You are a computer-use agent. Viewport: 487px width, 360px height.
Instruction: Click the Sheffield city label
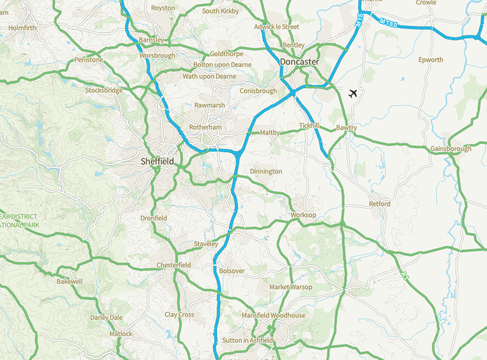click(x=157, y=161)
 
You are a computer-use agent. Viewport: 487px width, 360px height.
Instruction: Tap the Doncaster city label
click(x=299, y=62)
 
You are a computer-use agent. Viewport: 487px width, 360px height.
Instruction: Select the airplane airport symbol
click(x=353, y=93)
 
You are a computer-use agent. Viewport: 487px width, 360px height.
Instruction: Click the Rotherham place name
click(x=205, y=127)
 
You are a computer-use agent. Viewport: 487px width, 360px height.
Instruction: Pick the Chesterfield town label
click(x=173, y=265)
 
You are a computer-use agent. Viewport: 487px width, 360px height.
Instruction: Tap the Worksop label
click(x=304, y=215)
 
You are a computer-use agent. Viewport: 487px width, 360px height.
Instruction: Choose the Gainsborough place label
click(x=451, y=149)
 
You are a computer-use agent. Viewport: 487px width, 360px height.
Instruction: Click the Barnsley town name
click(x=150, y=40)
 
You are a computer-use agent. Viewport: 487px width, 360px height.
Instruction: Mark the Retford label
click(x=380, y=204)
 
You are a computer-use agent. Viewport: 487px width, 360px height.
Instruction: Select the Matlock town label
click(x=121, y=334)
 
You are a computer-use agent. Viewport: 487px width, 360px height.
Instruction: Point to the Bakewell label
click(x=70, y=281)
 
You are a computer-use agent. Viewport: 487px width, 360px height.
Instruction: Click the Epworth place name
click(x=430, y=60)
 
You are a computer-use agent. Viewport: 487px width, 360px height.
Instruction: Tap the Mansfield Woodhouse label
click(x=273, y=316)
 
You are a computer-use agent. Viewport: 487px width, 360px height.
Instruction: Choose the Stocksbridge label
click(x=104, y=91)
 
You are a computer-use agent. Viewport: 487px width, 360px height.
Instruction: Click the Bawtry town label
click(x=347, y=128)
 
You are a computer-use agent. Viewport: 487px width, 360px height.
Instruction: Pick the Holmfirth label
click(x=22, y=28)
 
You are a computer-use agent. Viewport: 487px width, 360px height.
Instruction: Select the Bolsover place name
click(x=231, y=271)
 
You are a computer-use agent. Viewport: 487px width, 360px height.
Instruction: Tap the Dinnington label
click(x=266, y=171)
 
